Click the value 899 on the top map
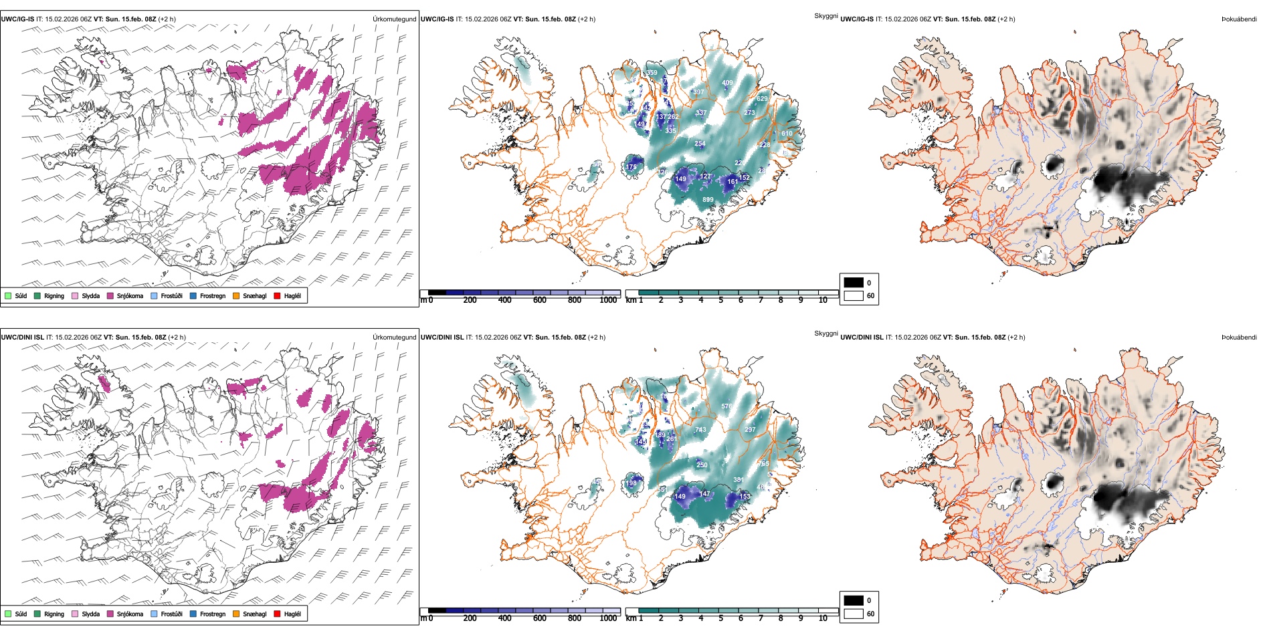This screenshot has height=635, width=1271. click(708, 200)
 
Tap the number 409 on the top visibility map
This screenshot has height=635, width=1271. click(727, 83)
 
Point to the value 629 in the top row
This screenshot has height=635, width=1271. click(762, 99)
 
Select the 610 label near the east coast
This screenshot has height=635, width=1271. click(787, 134)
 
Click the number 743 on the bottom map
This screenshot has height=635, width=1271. click(700, 430)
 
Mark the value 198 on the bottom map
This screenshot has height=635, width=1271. click(631, 483)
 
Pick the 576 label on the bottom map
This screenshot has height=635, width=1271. click(726, 406)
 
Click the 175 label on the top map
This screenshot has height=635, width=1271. click(631, 167)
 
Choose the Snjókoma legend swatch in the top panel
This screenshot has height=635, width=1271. click(110, 296)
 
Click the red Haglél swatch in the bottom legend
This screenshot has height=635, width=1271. click(277, 614)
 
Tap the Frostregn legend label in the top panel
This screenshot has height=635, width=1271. click(213, 296)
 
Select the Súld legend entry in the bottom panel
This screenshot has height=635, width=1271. click(21, 614)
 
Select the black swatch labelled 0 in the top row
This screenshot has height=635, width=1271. click(854, 283)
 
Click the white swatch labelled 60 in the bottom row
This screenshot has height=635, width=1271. click(854, 614)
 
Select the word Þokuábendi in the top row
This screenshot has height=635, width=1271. click(1239, 19)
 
